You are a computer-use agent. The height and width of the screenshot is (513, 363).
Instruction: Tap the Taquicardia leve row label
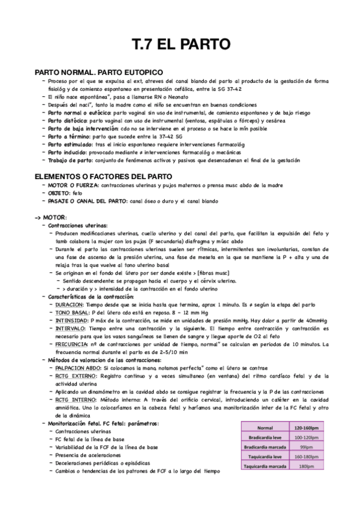click(265, 457)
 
